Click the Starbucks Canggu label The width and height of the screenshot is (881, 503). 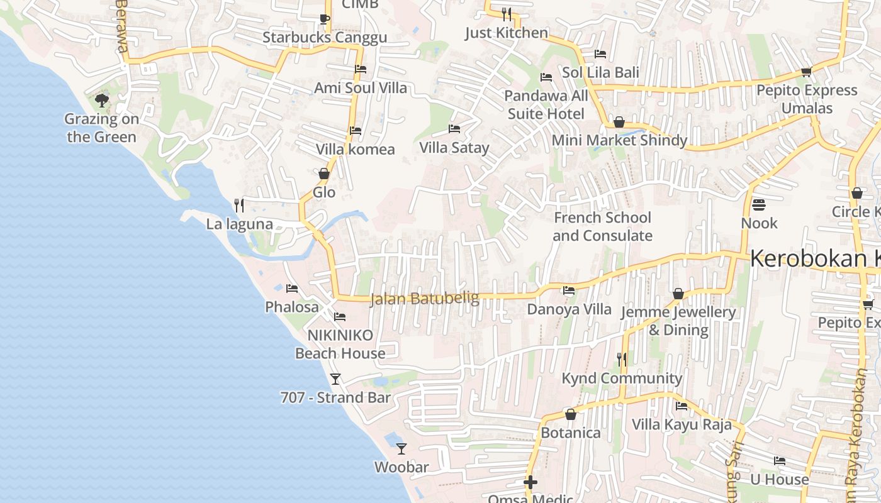[324, 37]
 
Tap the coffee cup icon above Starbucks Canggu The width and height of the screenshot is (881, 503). [324, 19]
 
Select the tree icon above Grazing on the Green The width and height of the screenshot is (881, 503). [101, 100]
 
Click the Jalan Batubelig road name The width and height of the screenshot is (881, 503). [425, 298]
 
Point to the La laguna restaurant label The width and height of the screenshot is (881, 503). [240, 224]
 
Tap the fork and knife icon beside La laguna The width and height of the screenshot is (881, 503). [239, 205]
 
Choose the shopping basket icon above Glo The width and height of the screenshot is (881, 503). [324, 174]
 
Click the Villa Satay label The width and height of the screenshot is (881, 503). [454, 148]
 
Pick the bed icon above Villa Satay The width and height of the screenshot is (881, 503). [454, 130]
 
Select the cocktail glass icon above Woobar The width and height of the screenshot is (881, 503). [401, 449]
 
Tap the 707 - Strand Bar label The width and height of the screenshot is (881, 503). [335, 397]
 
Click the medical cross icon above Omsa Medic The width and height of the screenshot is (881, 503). [530, 482]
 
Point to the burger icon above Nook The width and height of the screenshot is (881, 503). [759, 204]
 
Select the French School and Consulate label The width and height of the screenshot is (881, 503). [602, 226]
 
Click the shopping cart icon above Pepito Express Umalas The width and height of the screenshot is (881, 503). [807, 72]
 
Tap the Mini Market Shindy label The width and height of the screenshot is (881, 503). [619, 140]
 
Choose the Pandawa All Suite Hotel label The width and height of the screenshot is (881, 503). [546, 104]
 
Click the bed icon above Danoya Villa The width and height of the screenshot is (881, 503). [569, 290]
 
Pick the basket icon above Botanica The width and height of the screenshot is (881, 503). [571, 414]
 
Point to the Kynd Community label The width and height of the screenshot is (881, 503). [621, 378]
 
